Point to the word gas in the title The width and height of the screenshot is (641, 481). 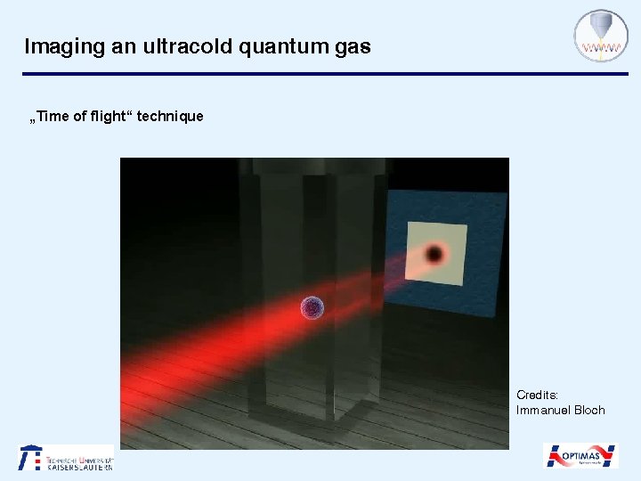353,47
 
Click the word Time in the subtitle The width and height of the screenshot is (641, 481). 55,116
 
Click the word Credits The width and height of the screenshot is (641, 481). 538,394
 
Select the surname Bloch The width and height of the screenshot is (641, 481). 589,410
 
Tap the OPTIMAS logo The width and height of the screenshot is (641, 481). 580,455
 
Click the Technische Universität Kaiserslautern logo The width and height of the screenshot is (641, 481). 67,457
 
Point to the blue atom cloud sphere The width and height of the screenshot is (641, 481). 312,308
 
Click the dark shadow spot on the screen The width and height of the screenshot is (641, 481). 434,255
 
